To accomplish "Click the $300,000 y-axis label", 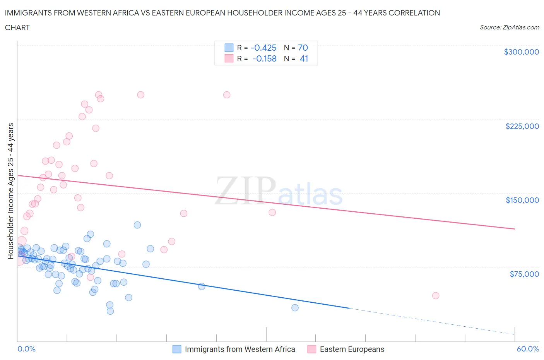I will tap(521, 52).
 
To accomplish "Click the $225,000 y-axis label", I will tap(522, 126).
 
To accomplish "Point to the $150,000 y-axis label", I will tap(522, 200).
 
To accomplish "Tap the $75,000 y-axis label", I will tap(524, 274).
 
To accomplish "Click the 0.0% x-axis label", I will tap(26, 349).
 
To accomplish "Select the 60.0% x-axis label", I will tap(528, 349).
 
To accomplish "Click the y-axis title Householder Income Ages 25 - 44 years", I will tap(10, 191).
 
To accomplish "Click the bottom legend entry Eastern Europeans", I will tap(352, 349).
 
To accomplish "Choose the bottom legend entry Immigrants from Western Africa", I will tap(239, 349).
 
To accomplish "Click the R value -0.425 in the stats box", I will tap(263, 48).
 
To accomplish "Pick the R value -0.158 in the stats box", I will tap(264, 58).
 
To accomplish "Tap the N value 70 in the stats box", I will tap(303, 48).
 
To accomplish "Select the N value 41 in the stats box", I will tap(304, 58).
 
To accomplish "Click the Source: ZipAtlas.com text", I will tap(509, 27).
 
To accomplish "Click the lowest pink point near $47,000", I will tap(436, 296).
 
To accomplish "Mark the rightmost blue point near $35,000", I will tap(295, 308).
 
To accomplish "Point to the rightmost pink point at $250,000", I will tap(227, 95).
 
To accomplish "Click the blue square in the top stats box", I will tap(229, 48).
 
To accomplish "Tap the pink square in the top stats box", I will tap(229, 58).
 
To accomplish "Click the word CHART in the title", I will tap(17, 27).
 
